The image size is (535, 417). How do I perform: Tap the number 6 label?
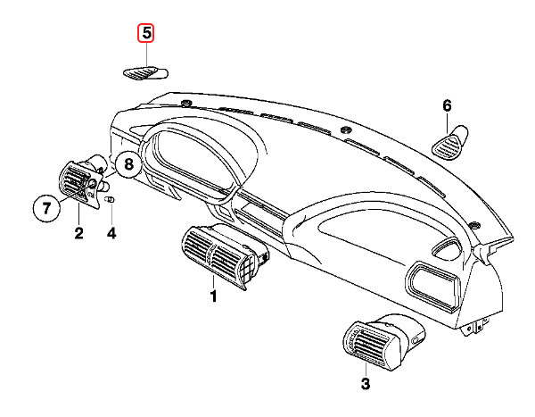pos(448,106)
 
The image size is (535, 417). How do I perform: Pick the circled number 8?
pos(128,165)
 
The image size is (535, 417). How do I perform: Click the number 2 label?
pos(78,234)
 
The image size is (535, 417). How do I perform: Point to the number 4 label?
pos(111,234)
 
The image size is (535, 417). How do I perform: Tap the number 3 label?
pos(364,384)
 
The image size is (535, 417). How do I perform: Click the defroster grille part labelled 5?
pos(144,73)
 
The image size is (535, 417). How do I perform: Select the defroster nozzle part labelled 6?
pos(451,140)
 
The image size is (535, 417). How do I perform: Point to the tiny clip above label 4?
pos(110,201)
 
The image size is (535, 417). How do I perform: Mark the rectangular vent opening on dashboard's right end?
pos(432,284)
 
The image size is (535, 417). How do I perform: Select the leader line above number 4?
pos(111,217)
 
